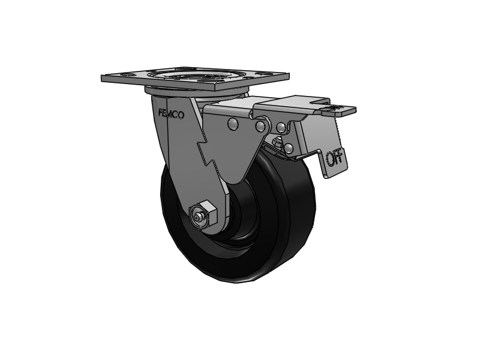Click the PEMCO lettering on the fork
click(x=172, y=113)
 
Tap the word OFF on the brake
click(x=334, y=158)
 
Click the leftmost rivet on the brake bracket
click(x=232, y=124)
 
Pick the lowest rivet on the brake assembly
click(x=289, y=147)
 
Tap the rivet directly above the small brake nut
click(x=280, y=127)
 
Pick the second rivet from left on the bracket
click(x=260, y=126)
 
